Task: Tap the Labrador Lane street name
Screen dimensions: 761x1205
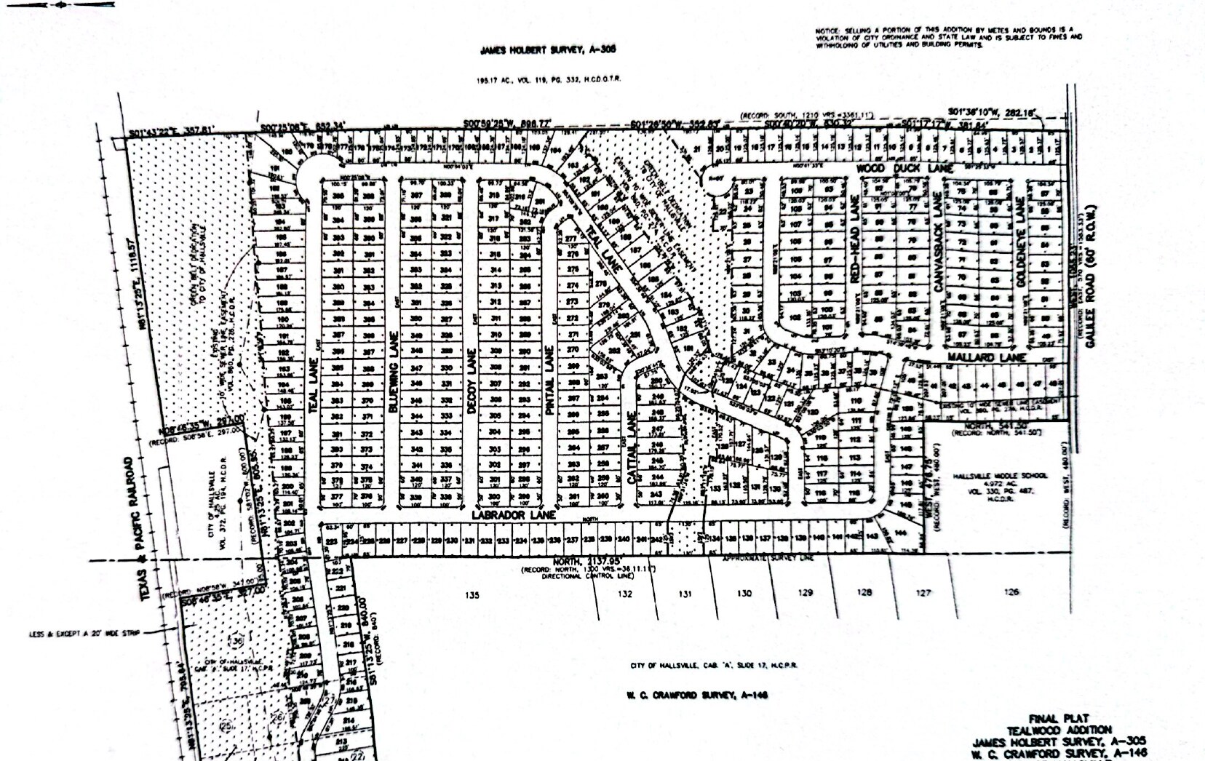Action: click(x=513, y=514)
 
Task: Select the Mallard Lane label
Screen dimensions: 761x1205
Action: click(x=987, y=357)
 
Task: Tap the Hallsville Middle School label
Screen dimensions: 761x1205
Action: click(x=1000, y=476)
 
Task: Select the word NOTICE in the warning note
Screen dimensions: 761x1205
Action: click(x=827, y=31)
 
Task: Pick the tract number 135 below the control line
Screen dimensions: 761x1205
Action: click(x=472, y=595)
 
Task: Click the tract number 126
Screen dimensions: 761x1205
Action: click(x=1011, y=592)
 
